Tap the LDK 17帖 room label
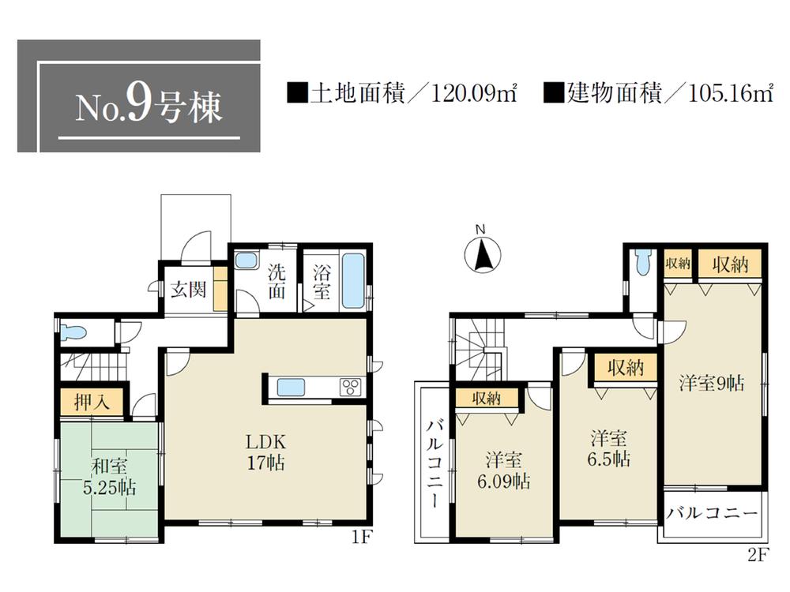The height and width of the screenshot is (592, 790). [269, 451]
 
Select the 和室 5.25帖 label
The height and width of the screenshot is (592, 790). [108, 479]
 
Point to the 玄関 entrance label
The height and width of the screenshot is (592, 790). [189, 289]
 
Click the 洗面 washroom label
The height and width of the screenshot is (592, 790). [276, 282]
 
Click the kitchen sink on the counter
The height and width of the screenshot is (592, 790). [291, 388]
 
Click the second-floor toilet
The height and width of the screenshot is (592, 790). [643, 263]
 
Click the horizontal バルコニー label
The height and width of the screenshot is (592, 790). [711, 515]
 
